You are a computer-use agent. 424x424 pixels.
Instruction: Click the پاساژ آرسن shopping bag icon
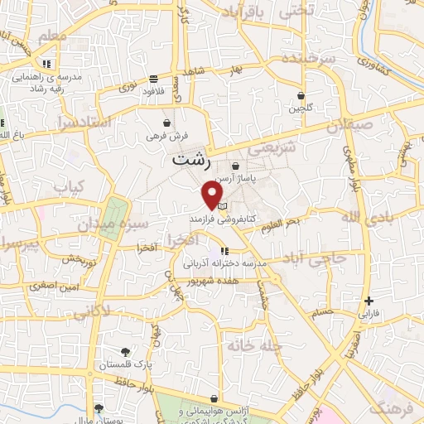pyautogui.click(x=236, y=166)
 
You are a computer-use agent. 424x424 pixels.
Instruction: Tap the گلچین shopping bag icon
pyautogui.click(x=301, y=96)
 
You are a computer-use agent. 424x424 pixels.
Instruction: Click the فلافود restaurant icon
pyautogui.click(x=153, y=80)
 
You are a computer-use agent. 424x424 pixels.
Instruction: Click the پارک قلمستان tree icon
pyautogui.click(x=125, y=351)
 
